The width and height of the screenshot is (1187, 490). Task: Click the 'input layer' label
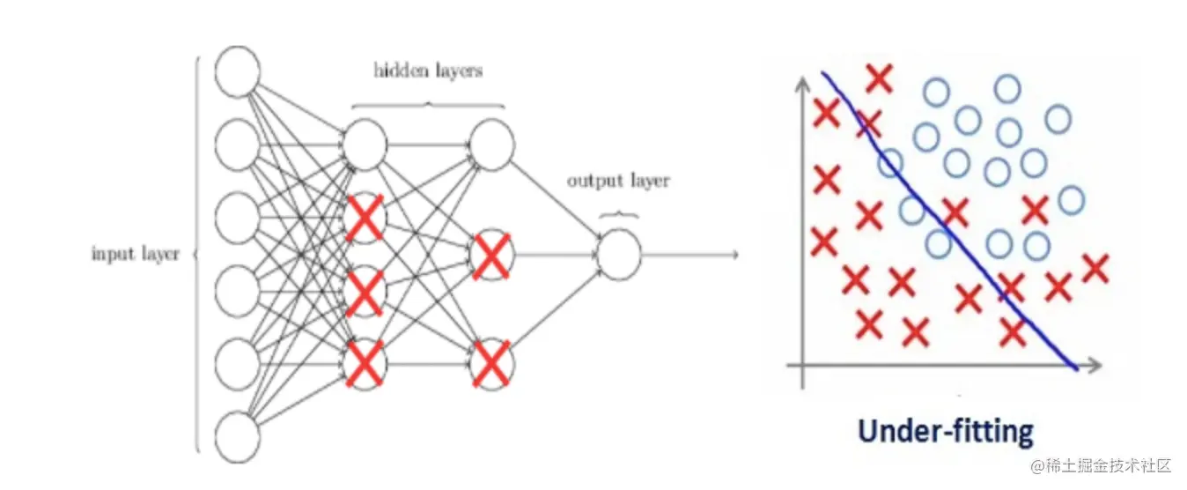(x=136, y=254)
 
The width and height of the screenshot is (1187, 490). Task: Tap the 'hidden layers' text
(x=428, y=71)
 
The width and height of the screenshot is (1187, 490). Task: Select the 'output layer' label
(x=617, y=181)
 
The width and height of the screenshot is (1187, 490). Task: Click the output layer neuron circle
(x=619, y=255)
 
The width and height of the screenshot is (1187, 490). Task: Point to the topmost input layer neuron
(x=238, y=72)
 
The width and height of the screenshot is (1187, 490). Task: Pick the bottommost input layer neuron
(x=238, y=438)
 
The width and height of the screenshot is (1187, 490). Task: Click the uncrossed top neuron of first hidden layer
(x=365, y=145)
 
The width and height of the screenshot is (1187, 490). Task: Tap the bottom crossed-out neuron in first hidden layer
(x=365, y=362)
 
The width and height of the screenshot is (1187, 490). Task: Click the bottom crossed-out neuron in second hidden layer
(x=491, y=363)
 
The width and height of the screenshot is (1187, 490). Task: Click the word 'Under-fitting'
(x=945, y=431)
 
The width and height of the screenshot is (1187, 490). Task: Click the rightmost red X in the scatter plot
(x=1095, y=267)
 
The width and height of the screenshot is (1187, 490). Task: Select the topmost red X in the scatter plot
(x=879, y=78)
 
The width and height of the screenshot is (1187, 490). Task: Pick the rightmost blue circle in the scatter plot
(x=1071, y=201)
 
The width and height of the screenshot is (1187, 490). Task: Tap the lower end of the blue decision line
(x=1074, y=367)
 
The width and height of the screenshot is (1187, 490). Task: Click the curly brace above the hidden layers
(x=429, y=104)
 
